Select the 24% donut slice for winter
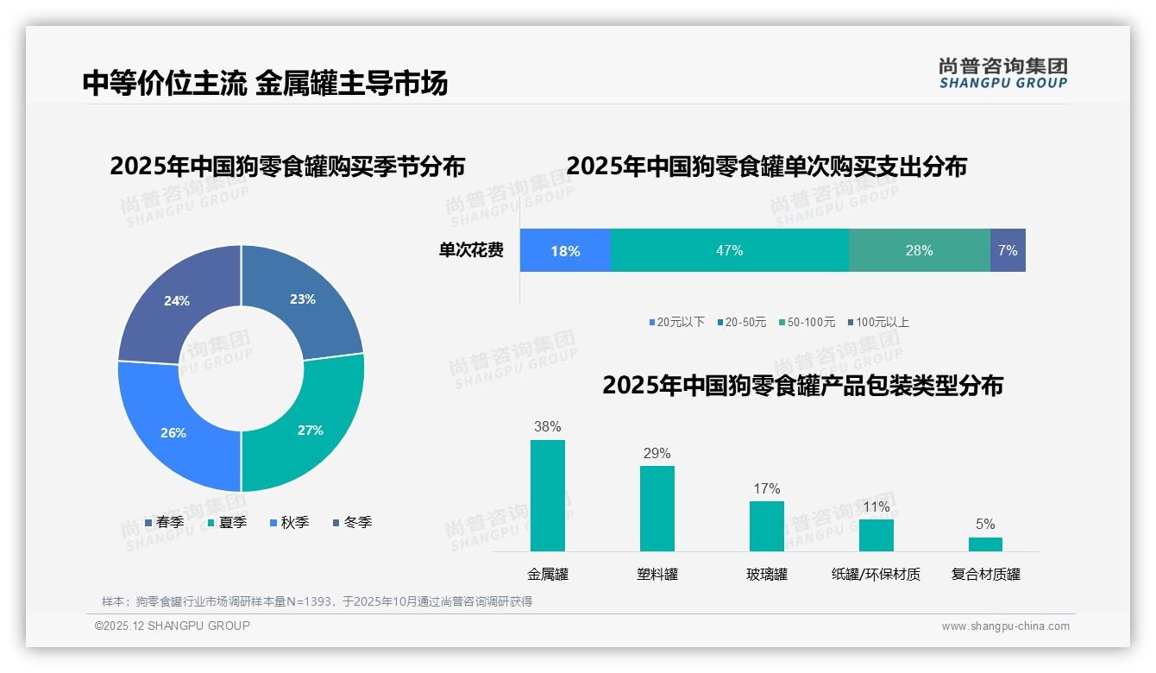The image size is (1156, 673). coord(177,302)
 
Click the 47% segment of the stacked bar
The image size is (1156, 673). coord(729,250)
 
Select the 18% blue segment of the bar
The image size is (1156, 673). coord(565,250)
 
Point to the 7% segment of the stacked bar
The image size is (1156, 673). coord(1008,250)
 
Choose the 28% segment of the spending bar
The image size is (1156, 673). coord(919,250)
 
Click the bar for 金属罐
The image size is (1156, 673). coord(547,495)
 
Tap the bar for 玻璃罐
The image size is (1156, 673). coord(766,525)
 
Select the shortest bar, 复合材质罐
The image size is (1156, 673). coord(985,544)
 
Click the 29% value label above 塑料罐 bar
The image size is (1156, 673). coord(657,454)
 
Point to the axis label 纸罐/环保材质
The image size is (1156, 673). coord(876,574)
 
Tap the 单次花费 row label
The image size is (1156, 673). coord(471,250)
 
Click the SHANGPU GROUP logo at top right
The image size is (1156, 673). coord(1002,73)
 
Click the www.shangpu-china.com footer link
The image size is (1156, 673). coord(1005,626)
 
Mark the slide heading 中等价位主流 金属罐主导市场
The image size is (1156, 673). coord(266,83)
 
